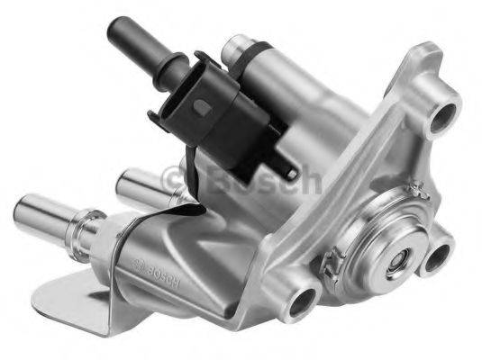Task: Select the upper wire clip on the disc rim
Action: click(x=416, y=190)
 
